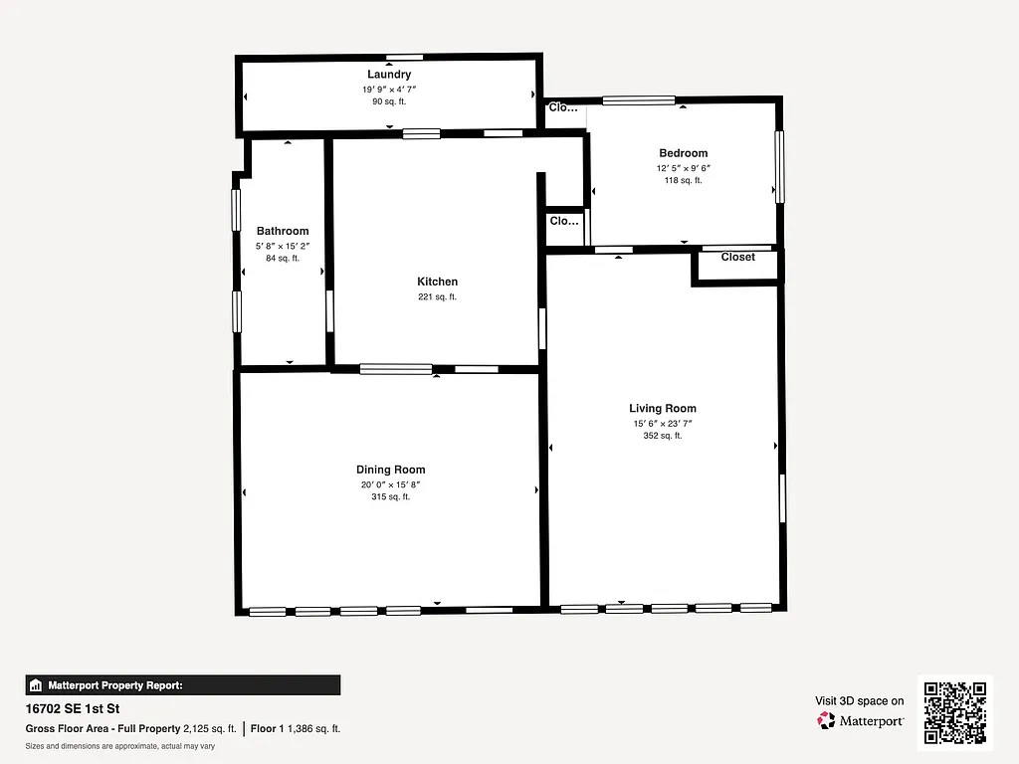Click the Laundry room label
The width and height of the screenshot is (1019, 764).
(x=388, y=75)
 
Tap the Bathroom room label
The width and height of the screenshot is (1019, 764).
(x=283, y=231)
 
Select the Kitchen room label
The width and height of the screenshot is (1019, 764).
(x=437, y=282)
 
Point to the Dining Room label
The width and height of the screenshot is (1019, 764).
(x=390, y=470)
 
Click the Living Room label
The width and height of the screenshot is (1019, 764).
(x=662, y=408)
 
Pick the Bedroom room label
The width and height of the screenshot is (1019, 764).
(x=683, y=153)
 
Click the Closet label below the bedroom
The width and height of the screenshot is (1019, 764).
(x=737, y=258)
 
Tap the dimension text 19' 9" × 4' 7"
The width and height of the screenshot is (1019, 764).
(x=388, y=89)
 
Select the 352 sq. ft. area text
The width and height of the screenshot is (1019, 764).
(x=662, y=436)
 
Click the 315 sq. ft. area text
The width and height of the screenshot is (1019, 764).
(x=390, y=497)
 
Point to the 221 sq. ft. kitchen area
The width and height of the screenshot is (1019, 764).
(x=437, y=296)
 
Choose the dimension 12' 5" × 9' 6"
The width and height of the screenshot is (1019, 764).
(x=683, y=168)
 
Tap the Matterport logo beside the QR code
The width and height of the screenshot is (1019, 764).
(x=861, y=720)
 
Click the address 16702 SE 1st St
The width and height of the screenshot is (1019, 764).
(x=72, y=710)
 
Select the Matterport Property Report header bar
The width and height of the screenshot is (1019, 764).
(x=183, y=684)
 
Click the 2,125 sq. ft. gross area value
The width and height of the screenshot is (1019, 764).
(x=209, y=728)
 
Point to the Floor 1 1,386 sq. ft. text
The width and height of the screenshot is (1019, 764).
(x=296, y=728)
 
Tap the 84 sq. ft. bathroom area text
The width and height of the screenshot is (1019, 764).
(x=283, y=259)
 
